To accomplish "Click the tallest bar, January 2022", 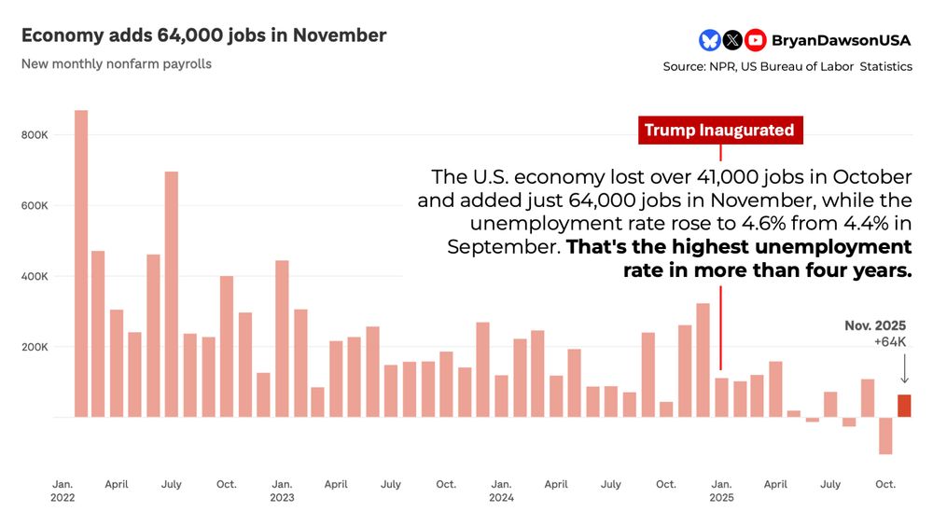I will click(81, 263).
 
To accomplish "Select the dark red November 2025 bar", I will click(903, 406).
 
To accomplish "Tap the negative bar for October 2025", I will click(885, 435).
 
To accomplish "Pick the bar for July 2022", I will click(172, 294).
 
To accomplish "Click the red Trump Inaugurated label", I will click(719, 131).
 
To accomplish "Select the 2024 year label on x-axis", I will click(501, 498).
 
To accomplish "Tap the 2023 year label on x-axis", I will click(282, 498).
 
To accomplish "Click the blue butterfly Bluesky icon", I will click(709, 40).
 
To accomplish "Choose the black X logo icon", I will click(732, 40).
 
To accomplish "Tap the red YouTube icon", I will click(756, 40).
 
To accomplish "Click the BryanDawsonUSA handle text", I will click(842, 40).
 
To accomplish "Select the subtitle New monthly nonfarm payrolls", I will click(117, 64).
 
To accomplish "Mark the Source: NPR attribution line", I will click(787, 67).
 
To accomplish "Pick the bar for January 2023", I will click(282, 338).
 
